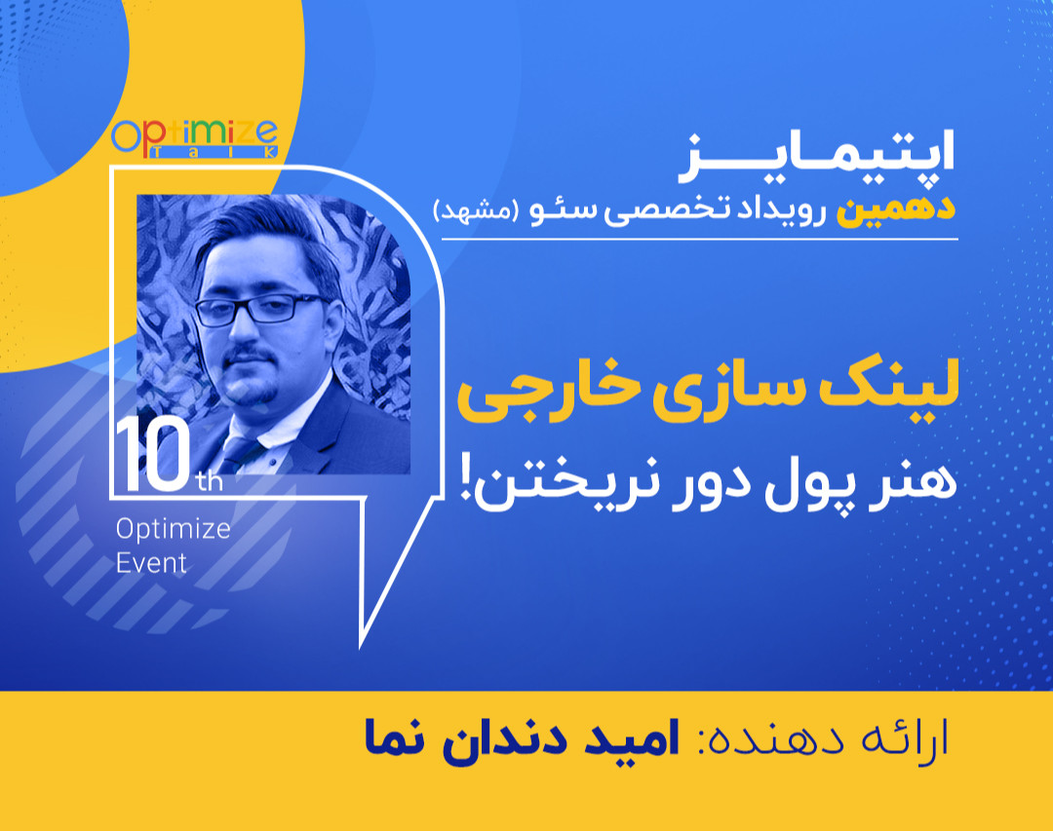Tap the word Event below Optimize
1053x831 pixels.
(x=151, y=562)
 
